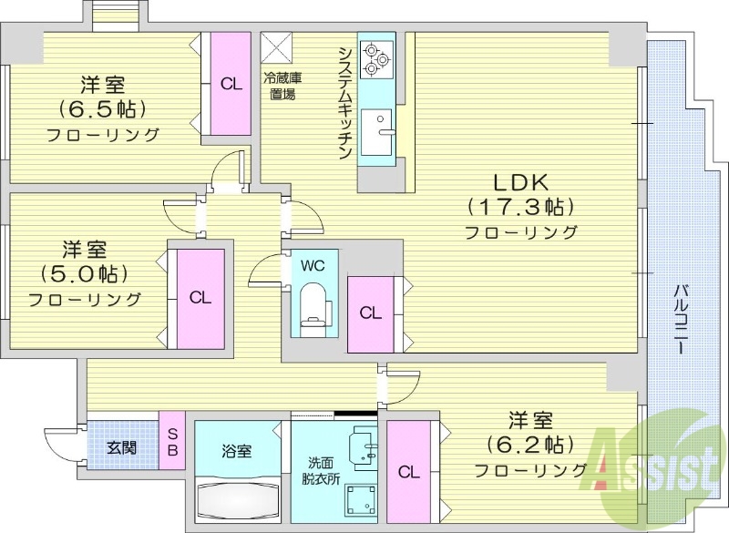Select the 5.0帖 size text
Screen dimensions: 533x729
click(83, 273)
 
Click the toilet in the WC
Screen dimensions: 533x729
click(313, 305)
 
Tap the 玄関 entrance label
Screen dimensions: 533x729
click(121, 447)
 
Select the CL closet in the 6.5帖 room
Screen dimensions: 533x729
click(231, 84)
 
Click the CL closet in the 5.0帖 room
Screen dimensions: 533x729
click(200, 297)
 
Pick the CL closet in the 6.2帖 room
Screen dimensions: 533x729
click(408, 471)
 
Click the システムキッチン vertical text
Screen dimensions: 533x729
click(345, 102)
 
